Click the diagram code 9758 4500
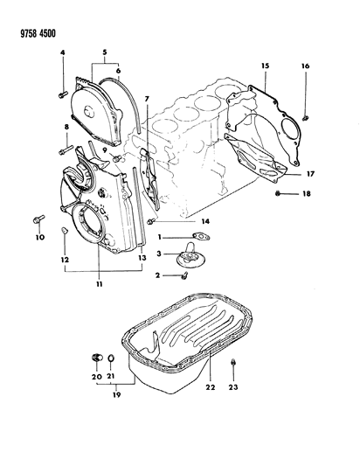click(x=38, y=33)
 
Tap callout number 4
click(x=62, y=53)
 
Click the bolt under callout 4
click(x=63, y=94)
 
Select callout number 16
click(x=306, y=66)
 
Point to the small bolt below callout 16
click(x=305, y=118)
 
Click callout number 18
click(x=306, y=194)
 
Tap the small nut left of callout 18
click(x=278, y=194)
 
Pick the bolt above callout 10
click(x=38, y=219)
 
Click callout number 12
click(x=65, y=260)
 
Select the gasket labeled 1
click(x=201, y=236)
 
